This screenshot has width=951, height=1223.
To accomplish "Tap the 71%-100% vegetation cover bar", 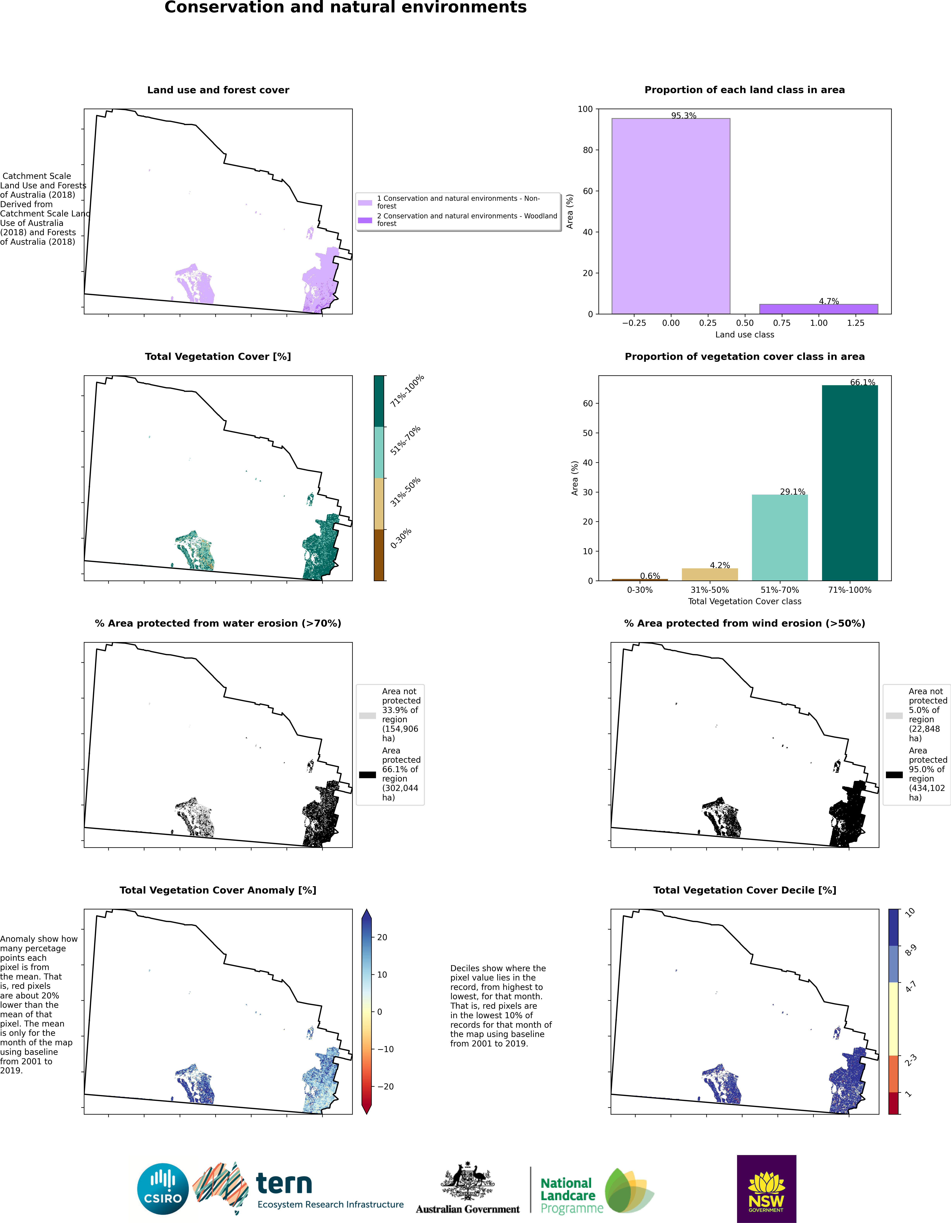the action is pos(850,483).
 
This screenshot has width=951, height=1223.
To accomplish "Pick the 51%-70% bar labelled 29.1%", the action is pos(780,538).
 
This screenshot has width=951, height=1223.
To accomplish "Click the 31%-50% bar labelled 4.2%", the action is pos(710,575).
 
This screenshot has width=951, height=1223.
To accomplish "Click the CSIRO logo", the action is pos(163,1188).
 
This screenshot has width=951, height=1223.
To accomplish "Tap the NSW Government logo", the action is pos(766,1188).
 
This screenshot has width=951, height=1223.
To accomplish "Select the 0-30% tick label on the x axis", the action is pos(640,590).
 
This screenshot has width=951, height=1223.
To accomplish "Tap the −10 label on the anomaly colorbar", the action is pos(384,1049).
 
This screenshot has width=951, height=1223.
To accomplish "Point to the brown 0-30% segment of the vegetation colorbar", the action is pos(379,555).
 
